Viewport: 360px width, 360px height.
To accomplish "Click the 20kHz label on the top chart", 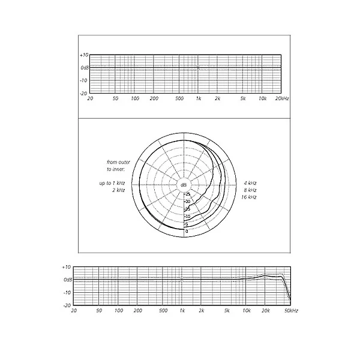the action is [x=282, y=98].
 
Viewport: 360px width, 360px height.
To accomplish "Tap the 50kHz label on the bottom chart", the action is [x=291, y=311].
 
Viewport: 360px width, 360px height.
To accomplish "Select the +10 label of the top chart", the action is [x=84, y=55].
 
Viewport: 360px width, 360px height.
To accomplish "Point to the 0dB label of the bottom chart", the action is [x=68, y=280].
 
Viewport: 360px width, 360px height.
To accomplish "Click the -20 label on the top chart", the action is [x=83, y=94].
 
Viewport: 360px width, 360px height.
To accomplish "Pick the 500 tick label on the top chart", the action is [x=179, y=98].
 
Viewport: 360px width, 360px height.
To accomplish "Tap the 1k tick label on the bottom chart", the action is [x=182, y=311].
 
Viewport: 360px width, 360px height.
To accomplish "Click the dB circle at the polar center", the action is [x=184, y=185].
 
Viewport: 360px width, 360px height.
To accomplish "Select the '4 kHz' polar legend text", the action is [x=250, y=183].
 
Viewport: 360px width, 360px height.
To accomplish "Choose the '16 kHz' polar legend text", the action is [x=249, y=197].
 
